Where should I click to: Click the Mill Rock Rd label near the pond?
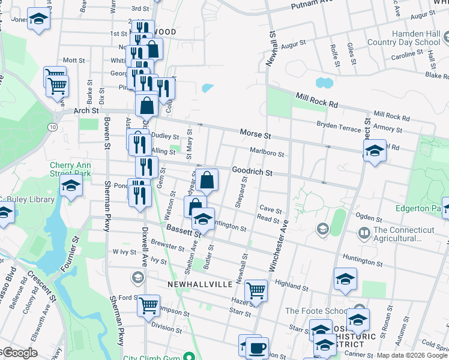click(x=316, y=100)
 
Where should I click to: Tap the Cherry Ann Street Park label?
click(x=70, y=169)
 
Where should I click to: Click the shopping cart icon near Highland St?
click(x=256, y=290)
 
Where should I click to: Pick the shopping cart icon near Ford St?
click(x=148, y=305)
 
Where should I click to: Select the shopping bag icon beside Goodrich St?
click(x=206, y=179)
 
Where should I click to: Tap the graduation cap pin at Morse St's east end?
click(x=374, y=149)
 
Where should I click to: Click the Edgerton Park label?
click(x=418, y=209)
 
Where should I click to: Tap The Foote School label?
click(x=315, y=311)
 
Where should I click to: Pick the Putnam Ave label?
click(x=312, y=5)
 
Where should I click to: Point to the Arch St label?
click(x=86, y=111)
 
